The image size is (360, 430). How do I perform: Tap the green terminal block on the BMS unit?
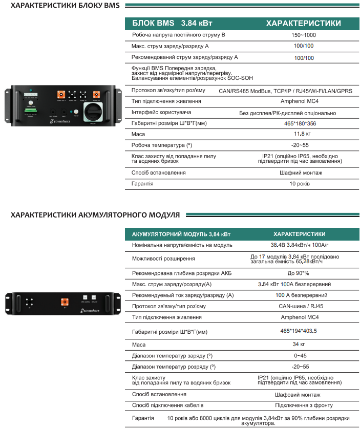point(30,109)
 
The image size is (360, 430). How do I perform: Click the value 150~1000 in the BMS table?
point(304,35)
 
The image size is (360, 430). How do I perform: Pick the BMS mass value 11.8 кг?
point(304,134)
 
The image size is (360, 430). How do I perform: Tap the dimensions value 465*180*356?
point(304,123)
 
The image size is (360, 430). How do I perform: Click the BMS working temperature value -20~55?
point(304,145)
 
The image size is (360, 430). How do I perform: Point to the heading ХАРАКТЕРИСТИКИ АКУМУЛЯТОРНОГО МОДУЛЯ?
point(95,214)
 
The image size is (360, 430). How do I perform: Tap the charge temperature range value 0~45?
point(300,355)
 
